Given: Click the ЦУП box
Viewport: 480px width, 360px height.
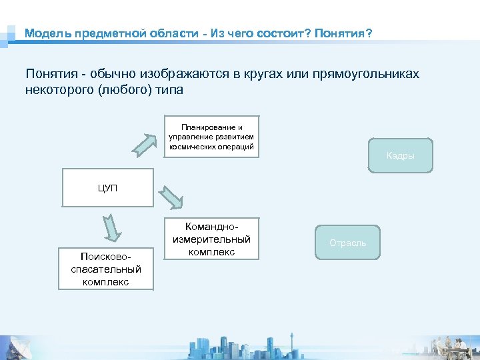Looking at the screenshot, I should [107, 188].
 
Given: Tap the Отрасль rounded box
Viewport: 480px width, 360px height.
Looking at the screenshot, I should [347, 243].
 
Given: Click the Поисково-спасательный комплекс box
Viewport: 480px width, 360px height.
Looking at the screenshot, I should [105, 269].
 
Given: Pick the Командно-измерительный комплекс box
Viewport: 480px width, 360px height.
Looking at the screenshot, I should [211, 239].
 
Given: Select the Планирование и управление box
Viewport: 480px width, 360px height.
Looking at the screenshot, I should [211, 137].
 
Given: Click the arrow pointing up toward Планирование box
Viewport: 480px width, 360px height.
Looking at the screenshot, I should [141, 142].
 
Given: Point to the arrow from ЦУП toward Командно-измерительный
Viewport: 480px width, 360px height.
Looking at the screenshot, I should [171, 198].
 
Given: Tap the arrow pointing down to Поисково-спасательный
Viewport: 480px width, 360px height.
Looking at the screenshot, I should [112, 227].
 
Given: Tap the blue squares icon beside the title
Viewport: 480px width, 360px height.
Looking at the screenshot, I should [9, 34].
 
